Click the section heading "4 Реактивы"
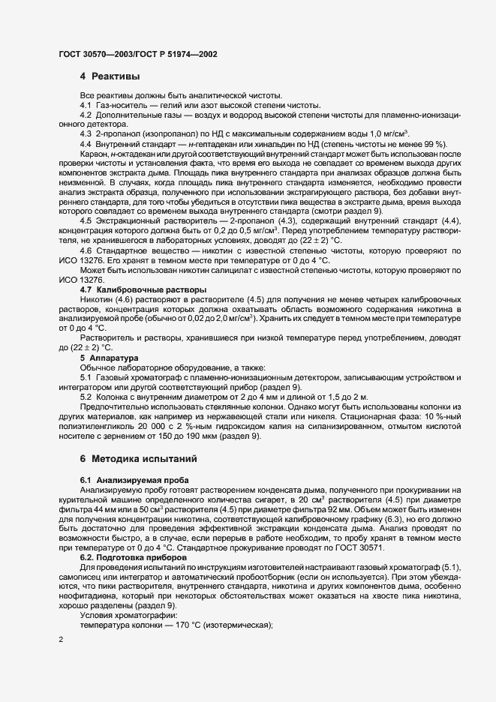(110, 76)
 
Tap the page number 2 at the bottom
(60, 640)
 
